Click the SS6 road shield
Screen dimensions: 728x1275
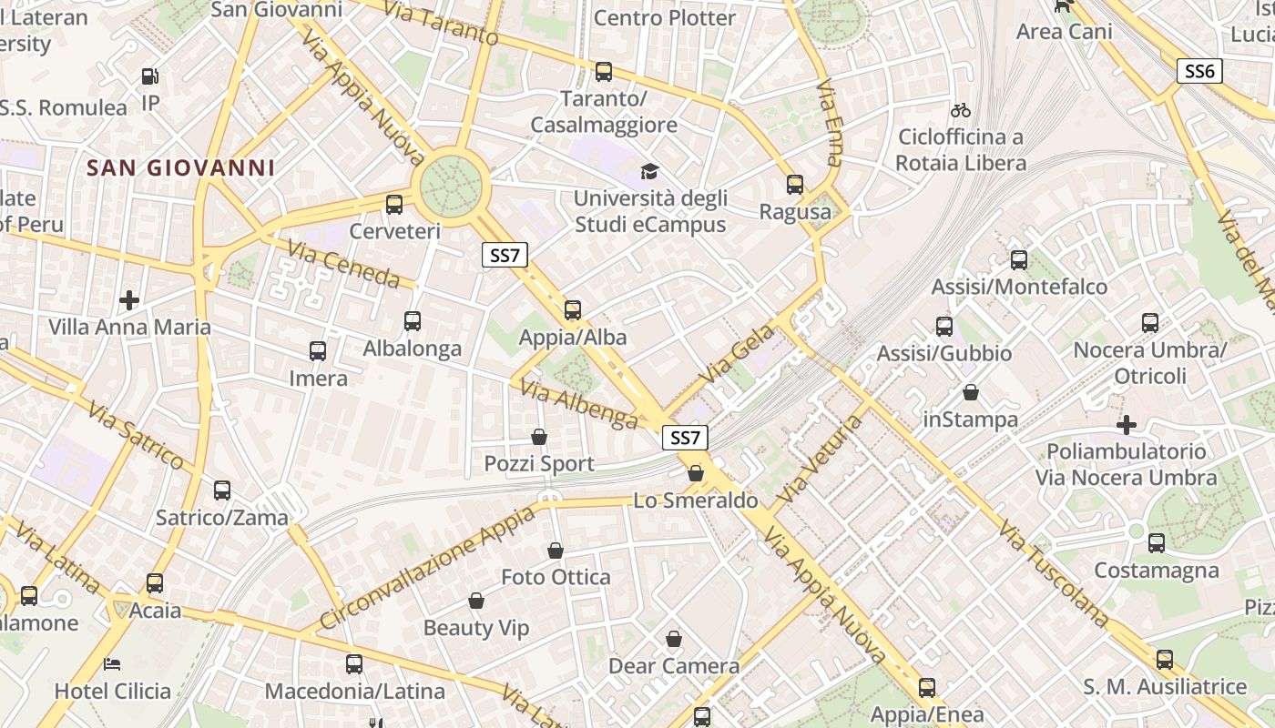[x=1199, y=71]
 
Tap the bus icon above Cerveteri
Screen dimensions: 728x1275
[x=394, y=205]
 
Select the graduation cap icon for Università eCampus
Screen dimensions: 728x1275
[x=649, y=171]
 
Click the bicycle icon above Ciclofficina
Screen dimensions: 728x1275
[x=960, y=111]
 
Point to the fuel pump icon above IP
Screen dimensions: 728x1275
[x=151, y=76]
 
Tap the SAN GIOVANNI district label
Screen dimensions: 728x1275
[x=180, y=167]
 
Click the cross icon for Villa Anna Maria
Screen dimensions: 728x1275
[x=129, y=299]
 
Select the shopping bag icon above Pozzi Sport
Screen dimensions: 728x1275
[x=539, y=437]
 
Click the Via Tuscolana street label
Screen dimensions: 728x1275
[x=1053, y=573]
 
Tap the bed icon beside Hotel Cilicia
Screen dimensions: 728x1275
[x=112, y=663]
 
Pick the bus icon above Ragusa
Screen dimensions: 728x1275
[x=795, y=185]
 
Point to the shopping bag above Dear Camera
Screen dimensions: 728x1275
[x=674, y=639]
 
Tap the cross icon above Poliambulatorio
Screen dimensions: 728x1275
[x=1127, y=424]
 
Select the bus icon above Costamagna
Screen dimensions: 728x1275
[x=1157, y=543]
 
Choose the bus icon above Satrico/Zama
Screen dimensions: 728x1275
[x=222, y=490]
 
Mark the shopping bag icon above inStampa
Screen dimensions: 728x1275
[x=971, y=392]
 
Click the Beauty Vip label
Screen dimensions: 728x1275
[x=476, y=628]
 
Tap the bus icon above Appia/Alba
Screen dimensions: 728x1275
[x=573, y=310]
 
